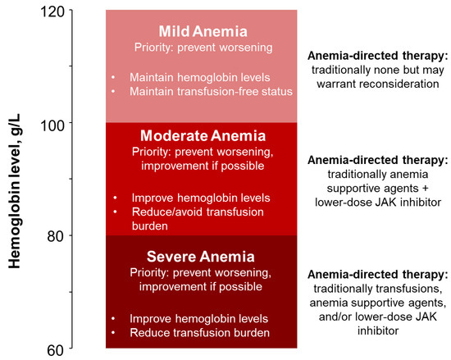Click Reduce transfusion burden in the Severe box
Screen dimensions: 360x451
[x=199, y=332]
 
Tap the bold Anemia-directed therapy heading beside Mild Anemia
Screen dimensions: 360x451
[x=377, y=56]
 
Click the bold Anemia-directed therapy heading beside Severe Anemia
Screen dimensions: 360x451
[x=377, y=274]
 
